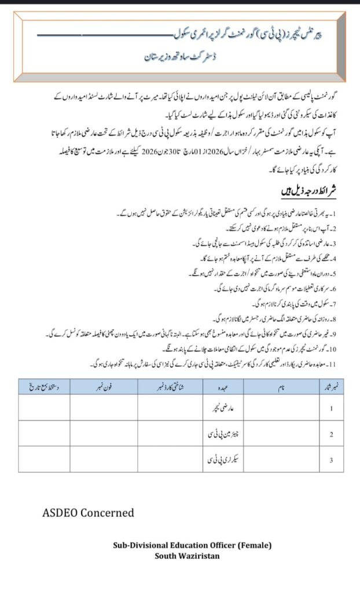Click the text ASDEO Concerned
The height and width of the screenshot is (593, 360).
88,513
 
